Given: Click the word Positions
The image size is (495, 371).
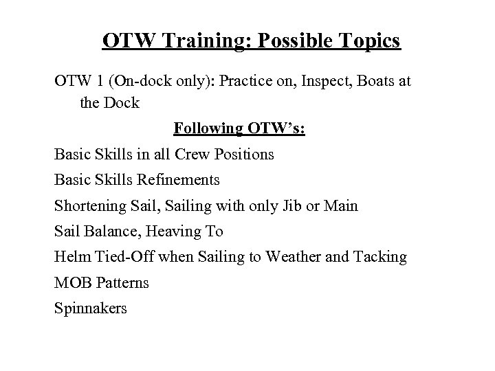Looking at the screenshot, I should [x=245, y=154].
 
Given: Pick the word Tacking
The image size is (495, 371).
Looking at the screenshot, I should [x=380, y=257].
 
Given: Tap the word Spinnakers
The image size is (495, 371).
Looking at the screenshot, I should [x=91, y=308].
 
